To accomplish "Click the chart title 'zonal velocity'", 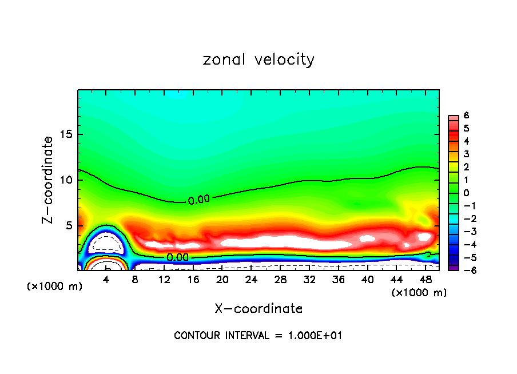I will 258,59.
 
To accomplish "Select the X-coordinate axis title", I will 258,309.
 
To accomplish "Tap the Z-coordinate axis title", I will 48,180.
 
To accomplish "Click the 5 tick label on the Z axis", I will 69,225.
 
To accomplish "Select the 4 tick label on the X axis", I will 106,280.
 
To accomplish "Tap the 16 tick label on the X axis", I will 193,280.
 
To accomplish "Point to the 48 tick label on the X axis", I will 425,280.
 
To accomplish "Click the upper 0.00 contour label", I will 199,200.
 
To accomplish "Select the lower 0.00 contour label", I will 177,257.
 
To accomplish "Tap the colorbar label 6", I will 466,116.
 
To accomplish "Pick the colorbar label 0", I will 466,193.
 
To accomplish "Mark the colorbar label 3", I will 466,154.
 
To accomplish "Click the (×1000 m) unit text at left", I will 55,287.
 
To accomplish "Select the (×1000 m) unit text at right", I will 419,293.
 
